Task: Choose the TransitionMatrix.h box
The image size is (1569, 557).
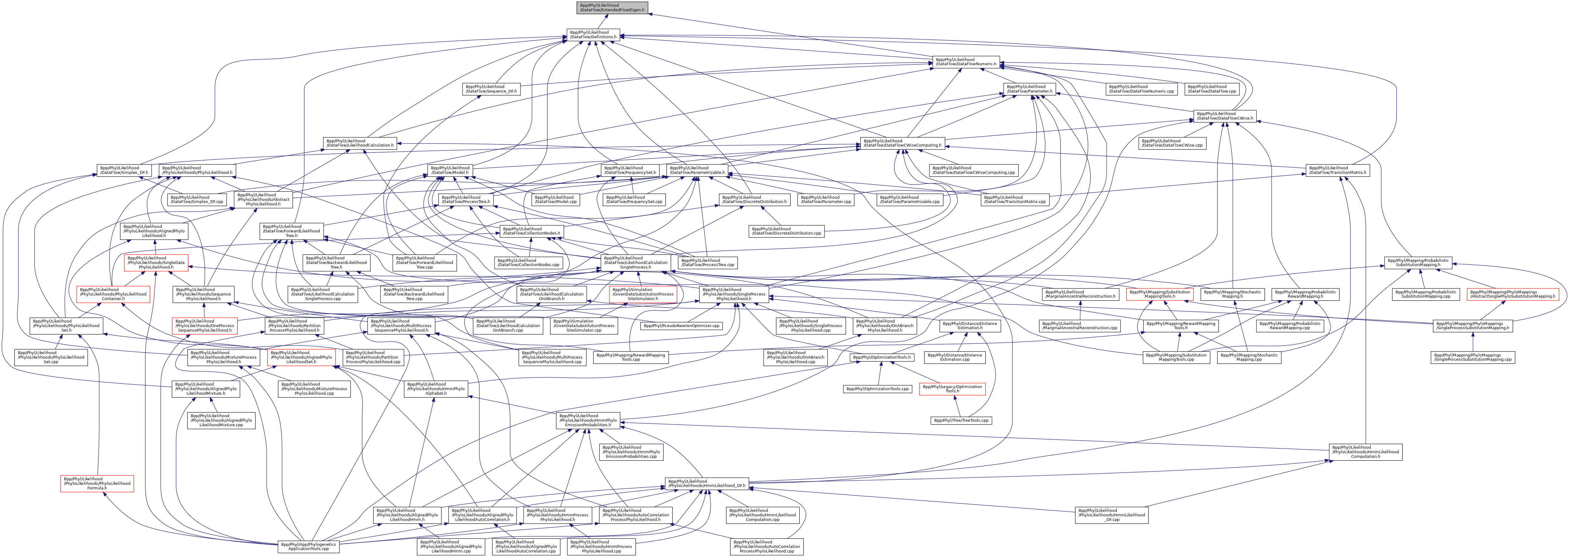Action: (1336, 170)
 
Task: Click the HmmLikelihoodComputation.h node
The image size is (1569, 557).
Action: (1365, 451)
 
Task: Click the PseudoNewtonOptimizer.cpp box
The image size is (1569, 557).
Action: (682, 326)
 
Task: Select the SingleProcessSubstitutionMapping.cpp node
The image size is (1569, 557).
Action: (1473, 357)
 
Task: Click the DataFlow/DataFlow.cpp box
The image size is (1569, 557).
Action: (1212, 89)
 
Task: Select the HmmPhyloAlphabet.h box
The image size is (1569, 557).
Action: (436, 389)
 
